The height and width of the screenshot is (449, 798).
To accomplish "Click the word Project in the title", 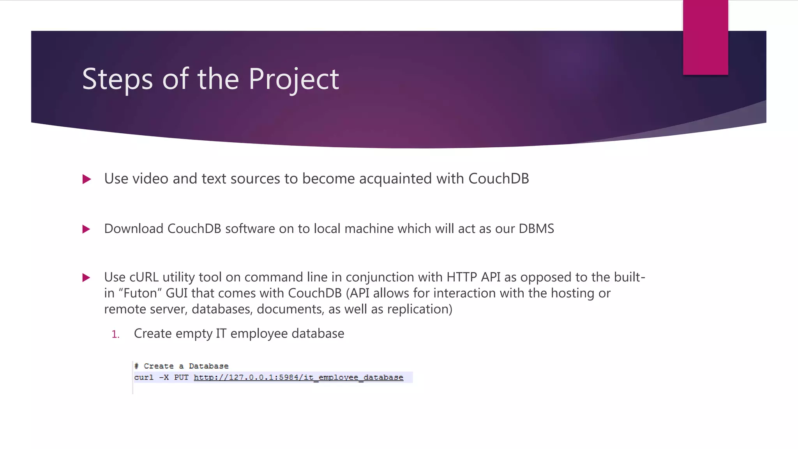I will [x=293, y=79].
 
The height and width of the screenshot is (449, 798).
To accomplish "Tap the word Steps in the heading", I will [x=117, y=79].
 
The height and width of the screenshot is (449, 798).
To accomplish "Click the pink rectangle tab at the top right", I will [x=705, y=37].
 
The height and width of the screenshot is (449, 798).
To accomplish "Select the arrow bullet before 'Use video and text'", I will [x=87, y=179].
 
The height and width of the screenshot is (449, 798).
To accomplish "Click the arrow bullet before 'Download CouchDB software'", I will [x=87, y=229].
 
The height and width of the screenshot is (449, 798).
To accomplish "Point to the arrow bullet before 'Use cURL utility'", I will [x=87, y=278].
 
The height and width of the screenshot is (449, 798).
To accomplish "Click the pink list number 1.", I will [x=115, y=334].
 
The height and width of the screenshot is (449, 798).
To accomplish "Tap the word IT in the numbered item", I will [x=221, y=334].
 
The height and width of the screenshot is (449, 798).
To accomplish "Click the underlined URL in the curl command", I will [x=298, y=377].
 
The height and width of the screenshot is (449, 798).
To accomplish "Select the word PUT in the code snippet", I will [x=181, y=377].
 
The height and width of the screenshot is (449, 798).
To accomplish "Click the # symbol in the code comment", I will [x=136, y=366].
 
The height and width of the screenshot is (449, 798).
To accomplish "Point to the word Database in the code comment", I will [x=208, y=366].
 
